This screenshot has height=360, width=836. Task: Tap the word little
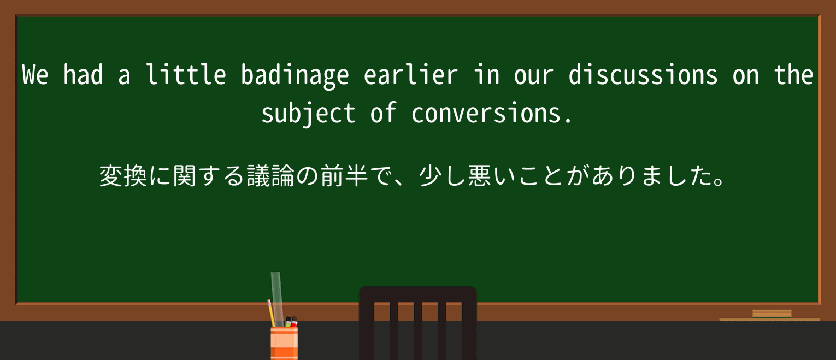(x=186, y=75)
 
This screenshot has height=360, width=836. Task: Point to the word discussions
(x=643, y=75)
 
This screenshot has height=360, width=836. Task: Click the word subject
(x=308, y=114)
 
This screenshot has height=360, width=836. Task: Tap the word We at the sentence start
(x=35, y=75)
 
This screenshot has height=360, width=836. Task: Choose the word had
(x=83, y=75)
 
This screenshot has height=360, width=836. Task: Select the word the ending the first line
(x=793, y=75)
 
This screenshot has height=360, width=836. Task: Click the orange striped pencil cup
(x=284, y=343)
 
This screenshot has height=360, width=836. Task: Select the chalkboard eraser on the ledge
(x=772, y=314)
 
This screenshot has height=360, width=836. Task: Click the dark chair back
(x=417, y=322)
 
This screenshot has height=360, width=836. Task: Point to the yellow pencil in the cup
(x=270, y=314)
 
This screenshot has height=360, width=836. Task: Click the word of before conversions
(x=383, y=113)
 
